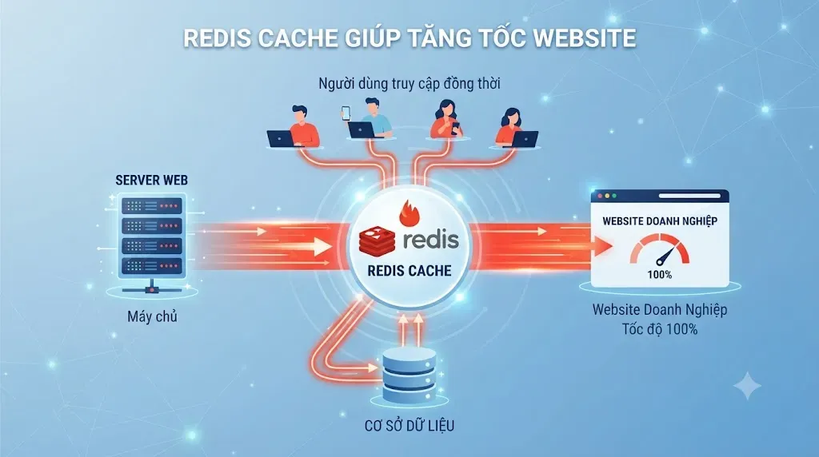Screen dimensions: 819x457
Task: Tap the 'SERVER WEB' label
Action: [x=151, y=181]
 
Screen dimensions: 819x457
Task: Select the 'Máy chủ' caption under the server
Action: [x=152, y=316]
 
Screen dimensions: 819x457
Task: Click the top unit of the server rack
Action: [x=152, y=205]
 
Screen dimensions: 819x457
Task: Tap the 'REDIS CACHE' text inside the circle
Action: [x=409, y=271]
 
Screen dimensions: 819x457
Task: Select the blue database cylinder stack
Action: [x=409, y=374]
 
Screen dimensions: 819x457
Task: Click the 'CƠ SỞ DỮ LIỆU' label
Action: [x=409, y=426]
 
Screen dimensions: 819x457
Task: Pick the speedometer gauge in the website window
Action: [x=659, y=249]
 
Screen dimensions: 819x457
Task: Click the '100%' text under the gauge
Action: [x=660, y=275]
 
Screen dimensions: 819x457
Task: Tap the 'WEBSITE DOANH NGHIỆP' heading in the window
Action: [x=660, y=221]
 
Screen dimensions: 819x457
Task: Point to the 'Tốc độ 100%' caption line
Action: [x=660, y=329]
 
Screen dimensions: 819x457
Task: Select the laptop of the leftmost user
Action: [x=281, y=139]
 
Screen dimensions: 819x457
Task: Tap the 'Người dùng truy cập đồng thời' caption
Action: [x=409, y=83]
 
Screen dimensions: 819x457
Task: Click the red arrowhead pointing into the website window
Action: [x=604, y=246]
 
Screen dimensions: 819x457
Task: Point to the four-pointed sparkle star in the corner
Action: [x=747, y=386]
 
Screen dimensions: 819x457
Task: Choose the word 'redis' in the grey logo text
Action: [x=431, y=239]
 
